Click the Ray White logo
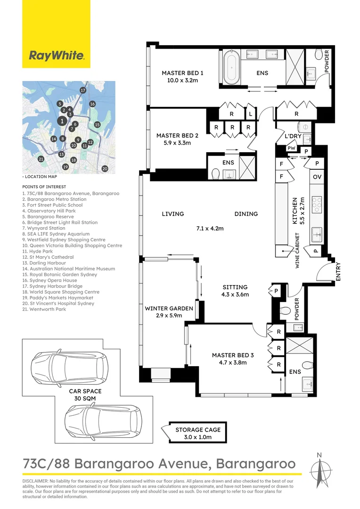[x=57, y=56]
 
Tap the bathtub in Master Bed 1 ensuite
[x=231, y=68]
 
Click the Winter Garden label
[x=169, y=308]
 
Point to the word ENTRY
[x=338, y=272]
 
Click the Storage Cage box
[x=197, y=433]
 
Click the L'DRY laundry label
[x=293, y=136]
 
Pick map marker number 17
[x=83, y=90]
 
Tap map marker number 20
[x=105, y=168]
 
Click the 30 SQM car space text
[x=85, y=398]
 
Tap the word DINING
[x=246, y=214]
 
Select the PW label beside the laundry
[x=292, y=148]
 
